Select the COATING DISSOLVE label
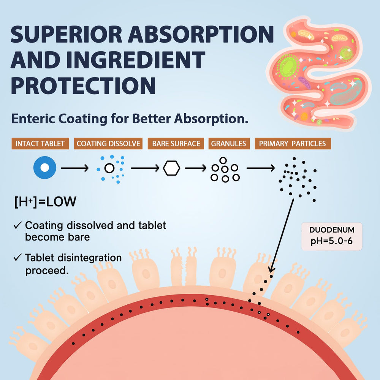pyautogui.click(x=108, y=144)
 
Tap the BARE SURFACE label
pyautogui.click(x=176, y=144)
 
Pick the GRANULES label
pyautogui.click(x=228, y=144)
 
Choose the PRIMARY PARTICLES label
pyautogui.click(x=292, y=144)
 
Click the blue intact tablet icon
pyautogui.click(x=44, y=168)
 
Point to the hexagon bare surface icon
pyautogui.click(x=171, y=168)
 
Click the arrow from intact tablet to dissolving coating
pyautogui.click(x=75, y=168)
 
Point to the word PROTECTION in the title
pyautogui.click(x=83, y=85)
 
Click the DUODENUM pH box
pyautogui.click(x=331, y=236)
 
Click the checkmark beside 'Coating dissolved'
pyautogui.click(x=17, y=225)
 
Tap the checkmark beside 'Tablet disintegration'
pyautogui.click(x=17, y=258)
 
